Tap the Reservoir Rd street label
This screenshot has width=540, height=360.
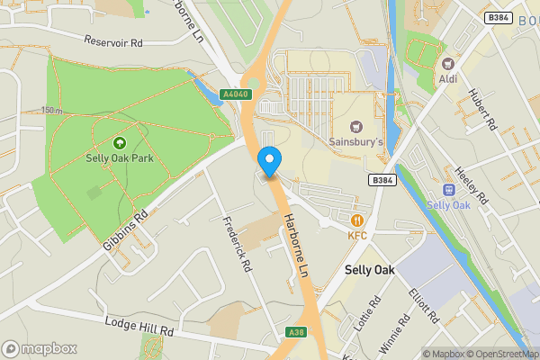(x=113, y=41)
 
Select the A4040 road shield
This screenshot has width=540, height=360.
(x=235, y=94)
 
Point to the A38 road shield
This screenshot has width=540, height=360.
(x=296, y=333)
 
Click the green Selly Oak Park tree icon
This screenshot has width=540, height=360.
(x=119, y=142)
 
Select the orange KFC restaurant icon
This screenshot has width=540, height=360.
(x=358, y=219)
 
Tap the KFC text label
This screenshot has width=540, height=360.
(x=358, y=236)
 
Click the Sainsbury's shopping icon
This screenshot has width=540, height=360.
(x=356, y=126)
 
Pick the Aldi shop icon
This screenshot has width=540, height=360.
(x=447, y=65)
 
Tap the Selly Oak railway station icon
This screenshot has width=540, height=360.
(x=449, y=191)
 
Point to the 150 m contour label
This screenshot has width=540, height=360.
(x=51, y=111)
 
